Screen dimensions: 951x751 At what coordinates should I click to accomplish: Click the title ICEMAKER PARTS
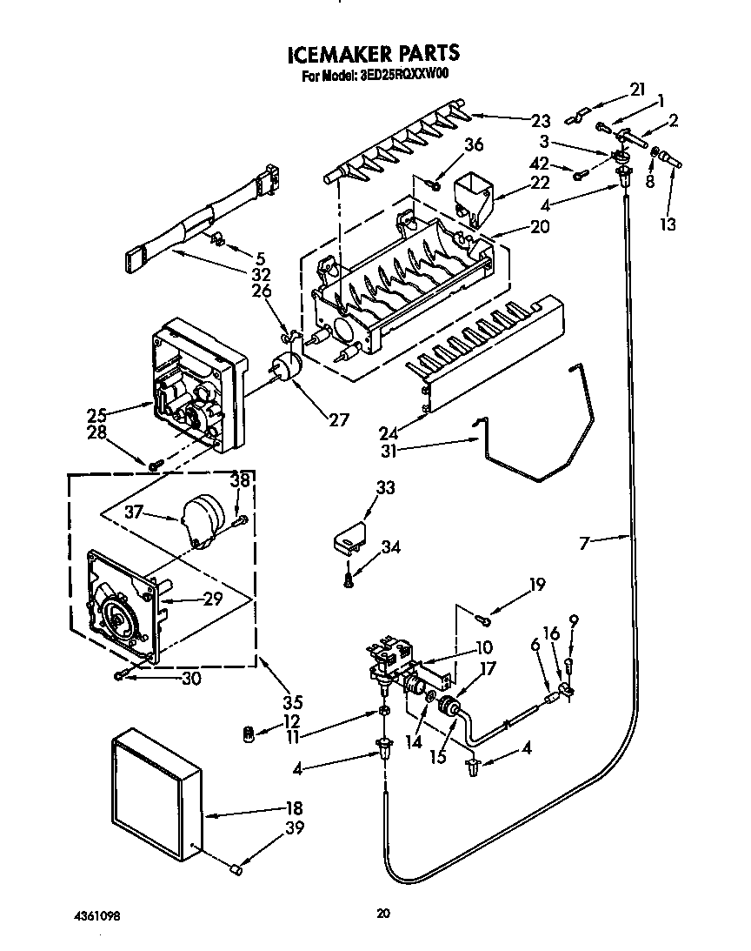click(x=373, y=54)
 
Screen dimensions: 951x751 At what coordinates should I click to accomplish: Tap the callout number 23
click(x=542, y=121)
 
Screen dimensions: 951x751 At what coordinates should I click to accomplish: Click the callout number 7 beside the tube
click(x=585, y=542)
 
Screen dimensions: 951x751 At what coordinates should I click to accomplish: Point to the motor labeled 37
click(x=207, y=520)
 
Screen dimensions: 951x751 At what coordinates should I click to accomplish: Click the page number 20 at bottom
click(x=382, y=913)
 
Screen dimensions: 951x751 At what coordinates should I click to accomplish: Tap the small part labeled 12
click(x=249, y=735)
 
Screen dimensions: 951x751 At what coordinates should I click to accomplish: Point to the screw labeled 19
click(x=483, y=619)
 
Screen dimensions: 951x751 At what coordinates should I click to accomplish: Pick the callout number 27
click(x=338, y=419)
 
